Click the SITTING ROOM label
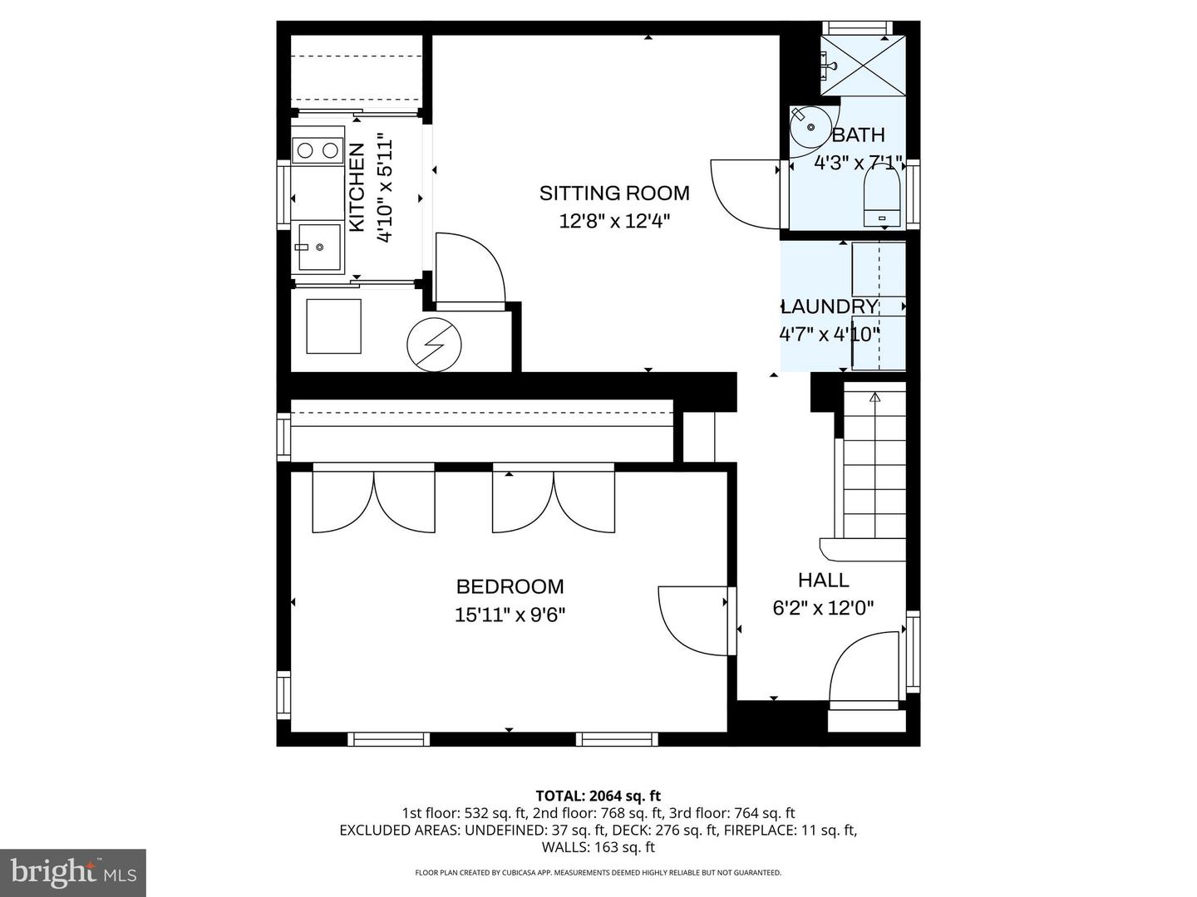[x=614, y=194]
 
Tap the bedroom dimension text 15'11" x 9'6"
[x=510, y=615]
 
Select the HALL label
[x=823, y=581]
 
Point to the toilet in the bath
[x=882, y=196]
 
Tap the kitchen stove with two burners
[x=318, y=150]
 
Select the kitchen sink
[x=318, y=248]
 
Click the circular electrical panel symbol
[x=434, y=345]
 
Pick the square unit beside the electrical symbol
[x=333, y=326]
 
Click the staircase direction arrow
[x=874, y=399]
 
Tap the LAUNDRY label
[x=830, y=306]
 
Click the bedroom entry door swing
[x=692, y=621]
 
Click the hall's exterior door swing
[x=864, y=668]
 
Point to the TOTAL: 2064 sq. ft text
[x=598, y=797]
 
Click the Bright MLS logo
[x=73, y=872]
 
